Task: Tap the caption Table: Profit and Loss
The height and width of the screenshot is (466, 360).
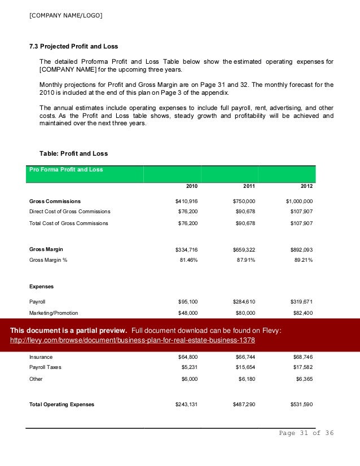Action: pyautogui.click(x=73, y=153)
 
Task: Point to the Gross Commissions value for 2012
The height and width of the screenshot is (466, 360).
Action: pyautogui.click(x=299, y=201)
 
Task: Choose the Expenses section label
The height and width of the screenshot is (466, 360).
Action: pyautogui.click(x=42, y=287)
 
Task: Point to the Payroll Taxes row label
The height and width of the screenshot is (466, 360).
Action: pyautogui.click(x=46, y=367)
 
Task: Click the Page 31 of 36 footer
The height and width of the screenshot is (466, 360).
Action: pyautogui.click(x=306, y=433)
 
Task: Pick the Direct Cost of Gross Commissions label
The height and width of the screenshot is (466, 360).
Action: pyautogui.click(x=69, y=212)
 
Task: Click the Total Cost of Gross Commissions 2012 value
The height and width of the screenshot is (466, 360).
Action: pyautogui.click(x=300, y=223)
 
